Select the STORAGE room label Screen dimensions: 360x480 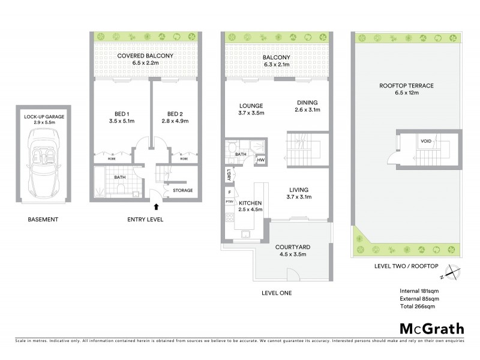click(x=183, y=190)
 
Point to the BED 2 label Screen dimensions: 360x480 click(x=175, y=114)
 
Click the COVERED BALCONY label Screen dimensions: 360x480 click(x=145, y=56)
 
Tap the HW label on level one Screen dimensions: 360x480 click(x=260, y=160)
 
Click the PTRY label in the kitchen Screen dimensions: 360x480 click(x=229, y=202)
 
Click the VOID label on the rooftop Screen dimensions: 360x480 click(x=425, y=142)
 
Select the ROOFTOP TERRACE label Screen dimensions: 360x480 click(x=406, y=86)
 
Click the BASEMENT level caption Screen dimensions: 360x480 click(x=43, y=220)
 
